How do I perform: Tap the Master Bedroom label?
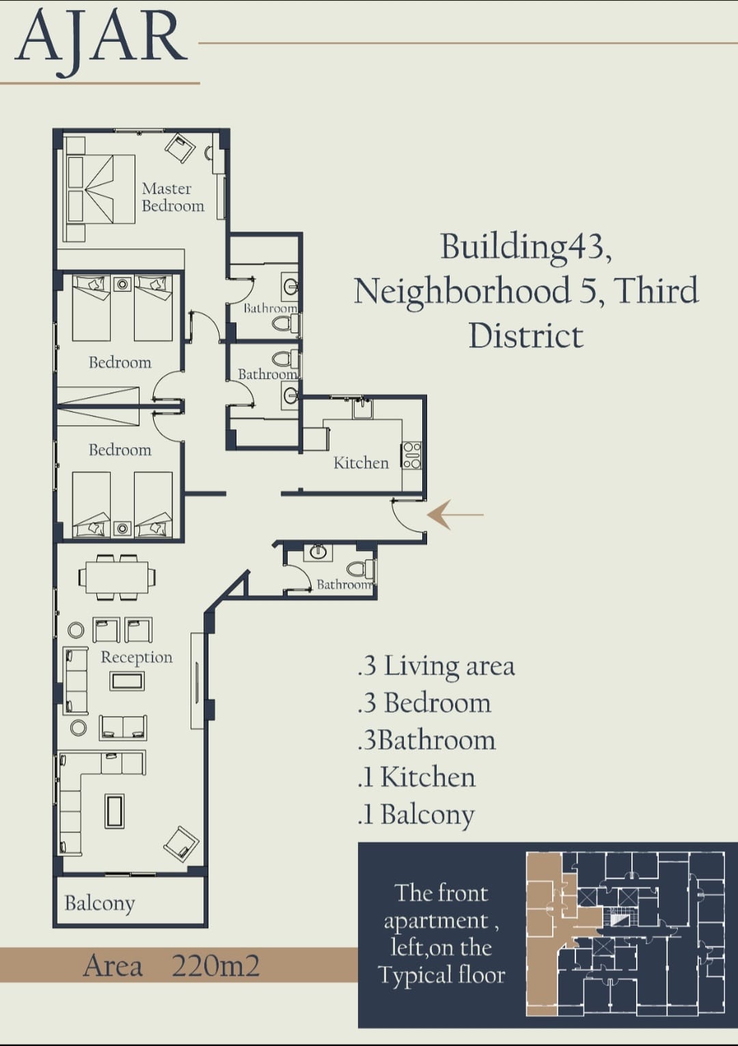coord(173,197)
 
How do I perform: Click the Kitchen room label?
coord(361,463)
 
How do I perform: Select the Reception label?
coord(137,658)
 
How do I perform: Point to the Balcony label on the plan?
coord(100,903)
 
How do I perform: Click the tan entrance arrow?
coord(455,515)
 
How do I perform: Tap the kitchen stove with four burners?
coord(411,455)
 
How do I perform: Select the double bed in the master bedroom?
coord(100,189)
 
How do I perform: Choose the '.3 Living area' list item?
coord(436,666)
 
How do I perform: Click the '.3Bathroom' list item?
coord(426,741)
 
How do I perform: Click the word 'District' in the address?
coord(526,335)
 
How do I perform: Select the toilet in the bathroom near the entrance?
coord(361,568)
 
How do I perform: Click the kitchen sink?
coord(363,408)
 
